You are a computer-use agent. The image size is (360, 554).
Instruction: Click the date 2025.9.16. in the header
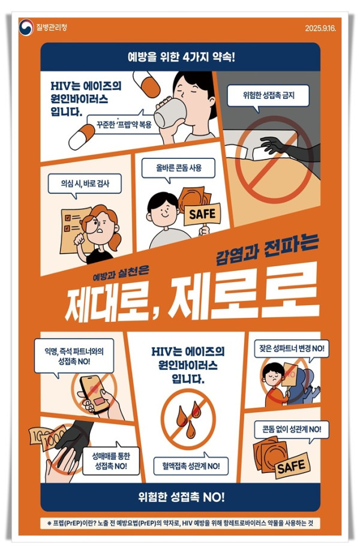(x=322, y=28)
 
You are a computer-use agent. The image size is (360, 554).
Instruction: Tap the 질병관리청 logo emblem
(x=26, y=27)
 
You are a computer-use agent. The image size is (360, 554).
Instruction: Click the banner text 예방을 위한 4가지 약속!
(x=181, y=59)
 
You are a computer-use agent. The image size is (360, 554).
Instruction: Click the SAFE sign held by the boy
(x=202, y=214)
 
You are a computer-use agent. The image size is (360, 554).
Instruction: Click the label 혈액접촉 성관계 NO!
(x=190, y=464)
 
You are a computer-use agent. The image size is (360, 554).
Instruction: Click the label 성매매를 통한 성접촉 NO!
(x=117, y=460)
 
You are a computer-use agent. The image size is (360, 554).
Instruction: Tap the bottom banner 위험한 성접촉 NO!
(x=181, y=497)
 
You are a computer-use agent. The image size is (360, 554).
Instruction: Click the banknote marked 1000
(x=52, y=437)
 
